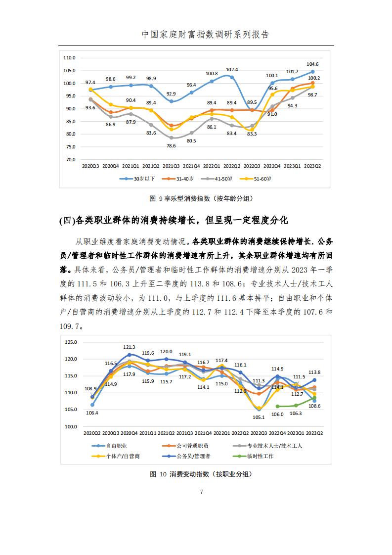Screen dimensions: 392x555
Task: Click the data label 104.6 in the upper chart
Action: (312, 64)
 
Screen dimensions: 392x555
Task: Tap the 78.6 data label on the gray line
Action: (171, 146)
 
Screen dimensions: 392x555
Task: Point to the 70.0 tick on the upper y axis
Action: (71, 159)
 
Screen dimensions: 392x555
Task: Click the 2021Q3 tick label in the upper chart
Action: (171, 166)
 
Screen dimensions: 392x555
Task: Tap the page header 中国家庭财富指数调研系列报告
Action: (206, 34)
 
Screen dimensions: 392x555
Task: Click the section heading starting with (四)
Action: (174, 221)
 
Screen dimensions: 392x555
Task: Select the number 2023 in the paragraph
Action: (299, 270)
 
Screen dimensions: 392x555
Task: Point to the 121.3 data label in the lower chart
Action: (129, 347)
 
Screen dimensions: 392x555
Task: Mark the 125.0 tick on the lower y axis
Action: (71, 342)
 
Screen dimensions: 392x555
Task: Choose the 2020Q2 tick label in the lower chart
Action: (92, 433)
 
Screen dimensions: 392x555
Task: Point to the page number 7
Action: (202, 491)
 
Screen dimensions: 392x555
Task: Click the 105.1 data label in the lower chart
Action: (259, 417)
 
